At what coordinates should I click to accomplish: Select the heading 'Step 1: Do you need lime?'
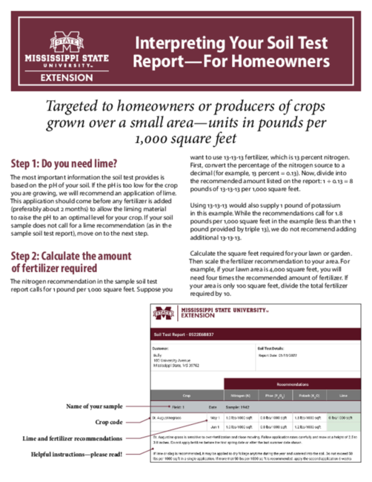point(64,163)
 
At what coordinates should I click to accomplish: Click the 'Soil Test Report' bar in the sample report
point(183,334)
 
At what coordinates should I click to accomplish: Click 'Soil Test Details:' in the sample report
point(273,347)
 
